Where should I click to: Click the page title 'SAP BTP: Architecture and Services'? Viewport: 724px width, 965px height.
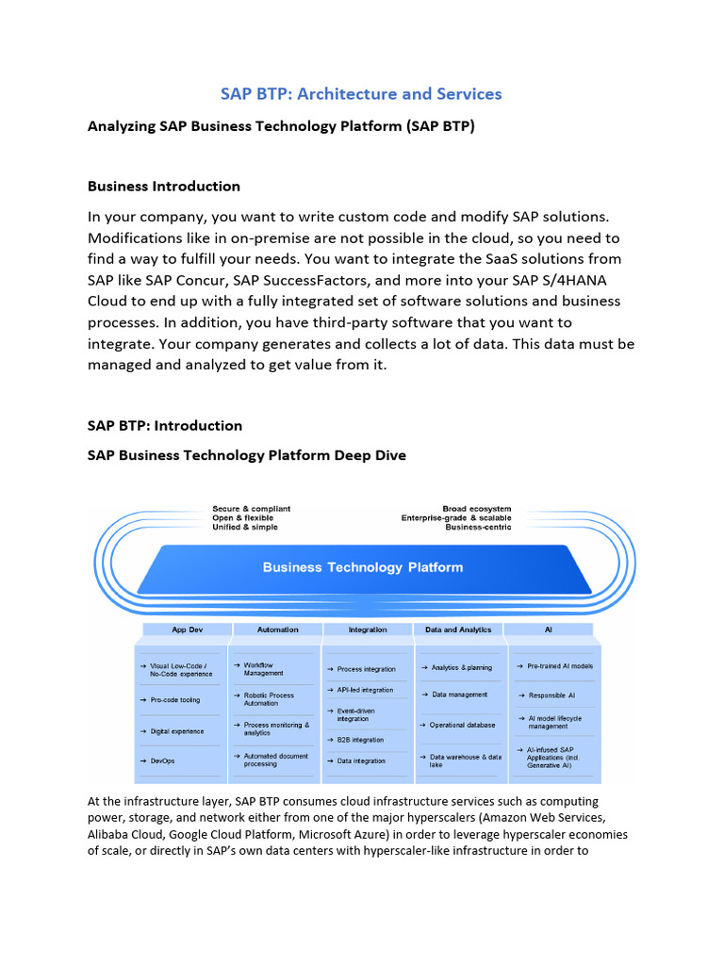point(361,93)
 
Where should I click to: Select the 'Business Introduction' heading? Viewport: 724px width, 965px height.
point(164,186)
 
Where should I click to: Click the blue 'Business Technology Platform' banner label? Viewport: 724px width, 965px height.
point(363,567)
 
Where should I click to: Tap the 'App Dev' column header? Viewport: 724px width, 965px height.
point(187,630)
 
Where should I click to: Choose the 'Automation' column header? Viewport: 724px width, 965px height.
point(277,630)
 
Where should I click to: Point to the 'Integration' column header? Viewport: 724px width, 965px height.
point(368,630)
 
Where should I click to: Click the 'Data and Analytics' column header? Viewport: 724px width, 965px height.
point(458,630)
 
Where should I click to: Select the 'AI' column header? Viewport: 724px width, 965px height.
point(550,630)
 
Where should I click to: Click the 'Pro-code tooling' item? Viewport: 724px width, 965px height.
point(175,700)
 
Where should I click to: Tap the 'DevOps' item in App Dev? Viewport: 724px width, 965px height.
point(164,761)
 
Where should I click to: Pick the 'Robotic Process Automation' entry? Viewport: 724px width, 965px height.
point(269,699)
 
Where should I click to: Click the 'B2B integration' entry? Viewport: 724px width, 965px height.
point(360,740)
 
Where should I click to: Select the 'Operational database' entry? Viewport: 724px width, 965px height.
point(462,725)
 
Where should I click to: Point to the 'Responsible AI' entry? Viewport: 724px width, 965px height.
point(551,695)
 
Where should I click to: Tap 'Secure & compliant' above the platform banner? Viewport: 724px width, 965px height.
point(252,509)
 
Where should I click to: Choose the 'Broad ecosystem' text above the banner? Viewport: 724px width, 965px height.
point(477,509)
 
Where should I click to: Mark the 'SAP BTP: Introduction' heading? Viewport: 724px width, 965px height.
point(165,425)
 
